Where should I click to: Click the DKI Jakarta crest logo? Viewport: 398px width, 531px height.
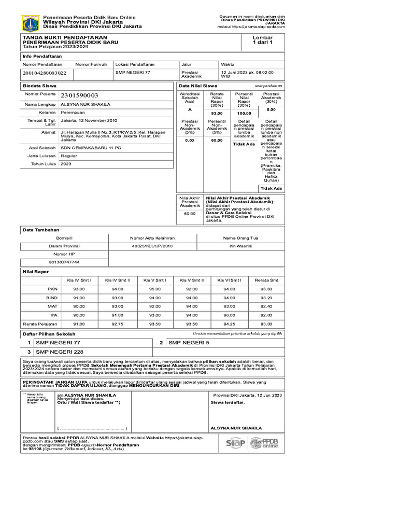[30, 23]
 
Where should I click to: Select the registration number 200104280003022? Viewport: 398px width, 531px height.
[44, 74]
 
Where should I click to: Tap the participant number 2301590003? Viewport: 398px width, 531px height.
[79, 95]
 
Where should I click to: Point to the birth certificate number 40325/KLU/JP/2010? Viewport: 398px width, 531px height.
[152, 246]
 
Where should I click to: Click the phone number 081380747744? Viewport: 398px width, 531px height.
[64, 262]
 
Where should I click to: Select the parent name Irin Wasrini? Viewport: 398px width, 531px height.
[240, 246]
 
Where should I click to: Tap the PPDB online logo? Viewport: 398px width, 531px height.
[264, 443]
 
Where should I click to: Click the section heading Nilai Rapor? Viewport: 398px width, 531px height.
[35, 271]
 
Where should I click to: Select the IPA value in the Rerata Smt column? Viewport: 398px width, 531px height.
[266, 315]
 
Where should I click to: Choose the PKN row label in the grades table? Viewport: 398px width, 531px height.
[52, 289]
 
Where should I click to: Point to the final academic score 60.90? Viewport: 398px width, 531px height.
[189, 213]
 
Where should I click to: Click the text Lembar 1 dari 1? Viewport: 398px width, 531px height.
[262, 41]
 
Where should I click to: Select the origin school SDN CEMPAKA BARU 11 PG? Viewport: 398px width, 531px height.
[91, 147]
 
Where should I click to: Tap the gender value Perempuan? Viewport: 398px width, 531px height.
[74, 112]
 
